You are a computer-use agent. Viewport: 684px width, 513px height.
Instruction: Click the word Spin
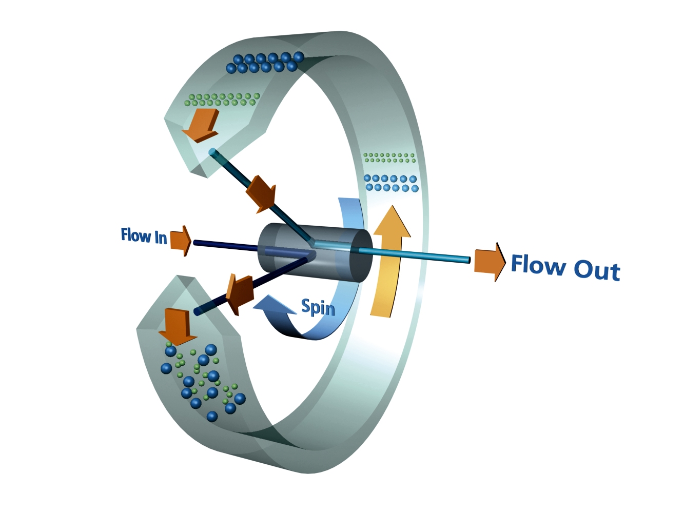click(318, 307)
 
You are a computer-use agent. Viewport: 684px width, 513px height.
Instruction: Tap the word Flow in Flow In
click(135, 235)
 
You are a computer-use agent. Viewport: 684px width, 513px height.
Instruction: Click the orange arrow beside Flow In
click(180, 240)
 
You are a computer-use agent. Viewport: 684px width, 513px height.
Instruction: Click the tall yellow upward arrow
click(389, 262)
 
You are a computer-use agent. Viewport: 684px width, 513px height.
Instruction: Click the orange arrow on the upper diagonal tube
click(262, 193)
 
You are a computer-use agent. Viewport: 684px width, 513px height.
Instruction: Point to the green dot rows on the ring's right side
click(389, 157)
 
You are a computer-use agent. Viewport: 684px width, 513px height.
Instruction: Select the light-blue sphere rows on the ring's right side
click(392, 183)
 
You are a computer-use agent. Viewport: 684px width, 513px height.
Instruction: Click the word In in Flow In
click(161, 238)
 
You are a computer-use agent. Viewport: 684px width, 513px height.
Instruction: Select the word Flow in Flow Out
click(538, 265)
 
